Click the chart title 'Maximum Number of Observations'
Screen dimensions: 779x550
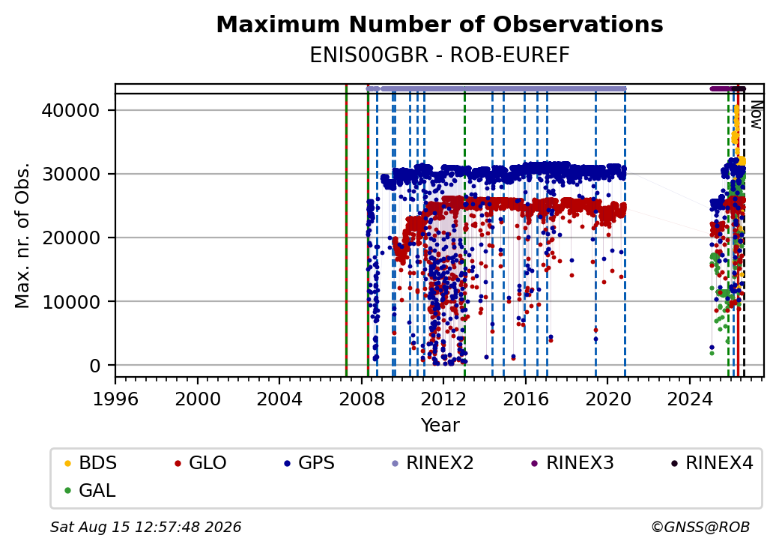[440, 24]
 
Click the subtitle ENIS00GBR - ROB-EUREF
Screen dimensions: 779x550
[440, 55]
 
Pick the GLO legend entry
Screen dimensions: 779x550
[201, 463]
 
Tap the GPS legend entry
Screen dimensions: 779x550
[309, 463]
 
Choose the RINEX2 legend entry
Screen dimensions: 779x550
[433, 463]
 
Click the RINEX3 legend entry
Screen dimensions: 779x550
[573, 463]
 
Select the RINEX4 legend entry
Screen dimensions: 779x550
[712, 463]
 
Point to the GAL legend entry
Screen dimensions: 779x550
[91, 490]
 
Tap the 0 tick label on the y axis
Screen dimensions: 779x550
[95, 366]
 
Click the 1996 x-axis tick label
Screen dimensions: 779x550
[116, 399]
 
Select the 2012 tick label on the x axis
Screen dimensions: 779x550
[443, 399]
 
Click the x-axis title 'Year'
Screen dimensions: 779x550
[440, 426]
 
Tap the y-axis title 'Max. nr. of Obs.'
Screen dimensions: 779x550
[22, 235]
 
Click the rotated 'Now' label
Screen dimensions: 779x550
[756, 115]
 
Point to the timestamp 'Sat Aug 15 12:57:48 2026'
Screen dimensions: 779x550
[146, 527]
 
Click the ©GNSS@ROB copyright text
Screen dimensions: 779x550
[700, 527]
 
